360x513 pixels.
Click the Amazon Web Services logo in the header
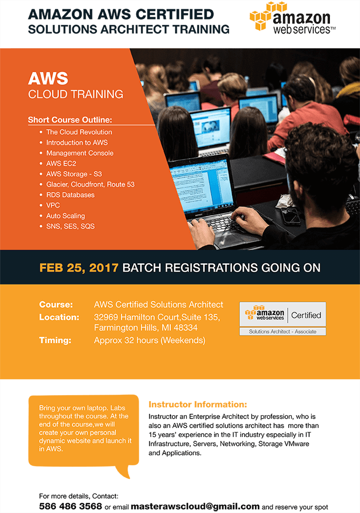pos(293,18)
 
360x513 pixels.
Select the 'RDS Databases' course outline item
pos(71,195)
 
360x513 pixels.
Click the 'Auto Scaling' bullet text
pos(66,216)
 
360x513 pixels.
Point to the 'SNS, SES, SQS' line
pos(71,226)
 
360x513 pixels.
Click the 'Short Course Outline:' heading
pos(70,120)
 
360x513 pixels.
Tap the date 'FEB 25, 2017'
pos(79,268)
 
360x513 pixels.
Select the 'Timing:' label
pos(55,340)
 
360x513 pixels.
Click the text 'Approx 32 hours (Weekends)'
pos(150,341)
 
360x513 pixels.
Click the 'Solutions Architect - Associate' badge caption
pos(283,331)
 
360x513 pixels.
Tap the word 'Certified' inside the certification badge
pos(306,315)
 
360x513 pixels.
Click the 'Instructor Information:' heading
pos(198,404)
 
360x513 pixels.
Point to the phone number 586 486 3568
pos(71,507)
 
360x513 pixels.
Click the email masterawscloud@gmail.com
pos(195,507)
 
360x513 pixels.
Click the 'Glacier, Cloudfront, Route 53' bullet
pos(90,184)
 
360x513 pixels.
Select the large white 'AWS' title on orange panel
pos(48,78)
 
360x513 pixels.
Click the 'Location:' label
pos(59,317)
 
